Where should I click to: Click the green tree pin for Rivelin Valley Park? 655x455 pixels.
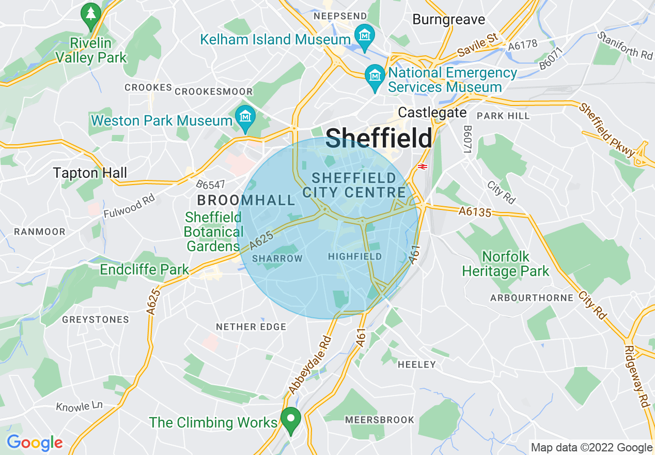point(91,14)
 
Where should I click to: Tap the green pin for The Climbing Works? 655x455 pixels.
point(290,420)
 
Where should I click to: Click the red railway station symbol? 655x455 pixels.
point(422,166)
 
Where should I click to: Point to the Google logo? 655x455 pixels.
point(35,443)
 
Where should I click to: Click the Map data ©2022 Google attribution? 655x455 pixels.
point(591,447)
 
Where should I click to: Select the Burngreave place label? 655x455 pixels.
point(448,20)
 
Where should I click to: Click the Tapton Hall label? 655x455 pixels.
point(90,173)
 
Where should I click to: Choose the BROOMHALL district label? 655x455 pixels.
point(246,200)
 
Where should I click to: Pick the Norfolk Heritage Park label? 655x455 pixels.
point(505,264)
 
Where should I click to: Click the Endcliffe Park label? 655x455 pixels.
point(144,269)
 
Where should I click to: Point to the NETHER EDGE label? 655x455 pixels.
point(251,327)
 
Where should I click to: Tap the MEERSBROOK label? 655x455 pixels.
point(380,420)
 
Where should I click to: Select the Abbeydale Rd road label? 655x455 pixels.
point(310,364)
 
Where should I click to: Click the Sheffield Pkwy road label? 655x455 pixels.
point(607,130)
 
